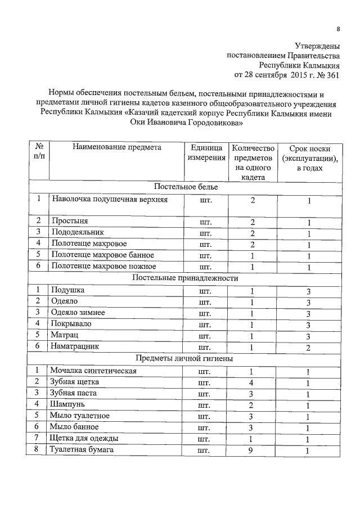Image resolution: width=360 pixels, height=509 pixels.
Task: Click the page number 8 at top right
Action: pyautogui.click(x=338, y=29)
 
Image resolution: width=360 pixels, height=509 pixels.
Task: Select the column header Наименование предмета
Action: pyautogui.click(x=116, y=147)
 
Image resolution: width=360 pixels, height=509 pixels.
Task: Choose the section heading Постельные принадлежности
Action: pyautogui.click(x=185, y=278)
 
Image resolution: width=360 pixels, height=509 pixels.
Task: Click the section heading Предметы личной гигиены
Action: pyautogui.click(x=185, y=358)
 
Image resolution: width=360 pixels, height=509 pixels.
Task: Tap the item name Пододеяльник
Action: pyautogui.click(x=78, y=232)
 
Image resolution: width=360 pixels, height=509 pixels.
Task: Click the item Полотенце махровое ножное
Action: pyautogui.click(x=103, y=266)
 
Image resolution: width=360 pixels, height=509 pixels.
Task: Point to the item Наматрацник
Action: pyautogui.click(x=75, y=346)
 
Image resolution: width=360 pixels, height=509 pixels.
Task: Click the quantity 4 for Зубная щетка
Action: pyautogui.click(x=252, y=382)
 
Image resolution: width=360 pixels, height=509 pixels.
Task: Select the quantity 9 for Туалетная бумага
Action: pyautogui.click(x=252, y=451)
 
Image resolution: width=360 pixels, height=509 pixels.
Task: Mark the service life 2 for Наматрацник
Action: pyautogui.click(x=308, y=348)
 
